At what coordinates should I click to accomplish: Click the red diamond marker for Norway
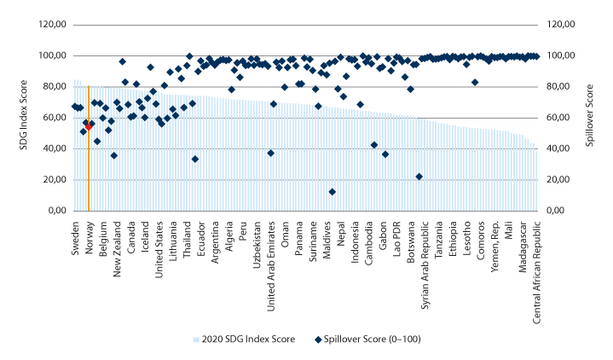point(89,125)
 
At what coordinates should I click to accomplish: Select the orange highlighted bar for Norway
point(89,171)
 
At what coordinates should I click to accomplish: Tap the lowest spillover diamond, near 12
point(332,192)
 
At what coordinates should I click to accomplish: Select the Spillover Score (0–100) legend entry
point(370,338)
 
